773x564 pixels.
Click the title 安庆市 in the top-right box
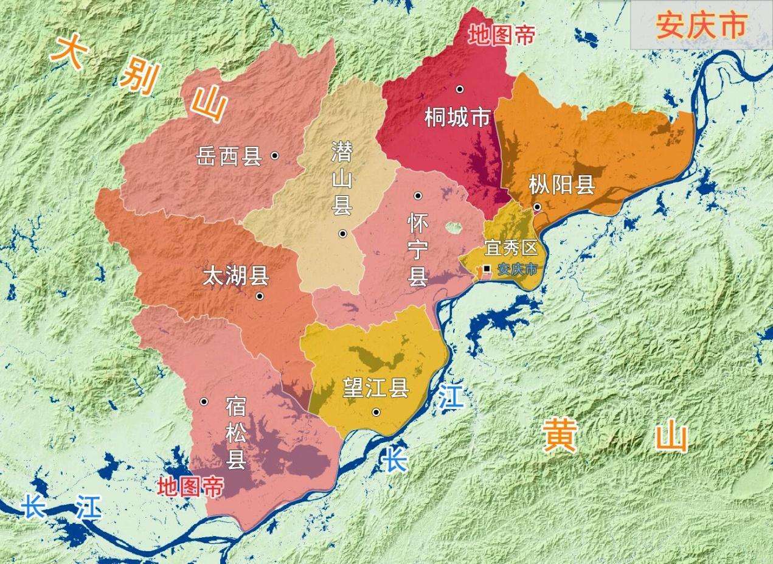(701, 26)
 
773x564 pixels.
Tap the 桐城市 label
(457, 118)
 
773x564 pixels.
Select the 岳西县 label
(229, 156)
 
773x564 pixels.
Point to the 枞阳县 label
(561, 184)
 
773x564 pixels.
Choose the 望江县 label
(375, 389)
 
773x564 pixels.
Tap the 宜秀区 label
(511, 248)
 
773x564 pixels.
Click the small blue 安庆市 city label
(518, 269)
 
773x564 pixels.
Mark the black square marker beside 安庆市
(487, 268)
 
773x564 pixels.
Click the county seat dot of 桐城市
(460, 89)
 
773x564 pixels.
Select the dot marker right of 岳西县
(275, 156)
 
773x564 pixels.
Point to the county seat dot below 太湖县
(260, 296)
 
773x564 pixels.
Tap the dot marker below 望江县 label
(376, 412)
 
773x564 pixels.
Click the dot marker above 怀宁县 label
(418, 195)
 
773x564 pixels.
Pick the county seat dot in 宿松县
(204, 402)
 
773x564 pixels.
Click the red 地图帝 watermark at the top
(501, 36)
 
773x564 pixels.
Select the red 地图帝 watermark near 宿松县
(190, 486)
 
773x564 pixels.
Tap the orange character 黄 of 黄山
(560, 435)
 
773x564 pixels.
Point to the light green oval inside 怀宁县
(453, 228)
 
